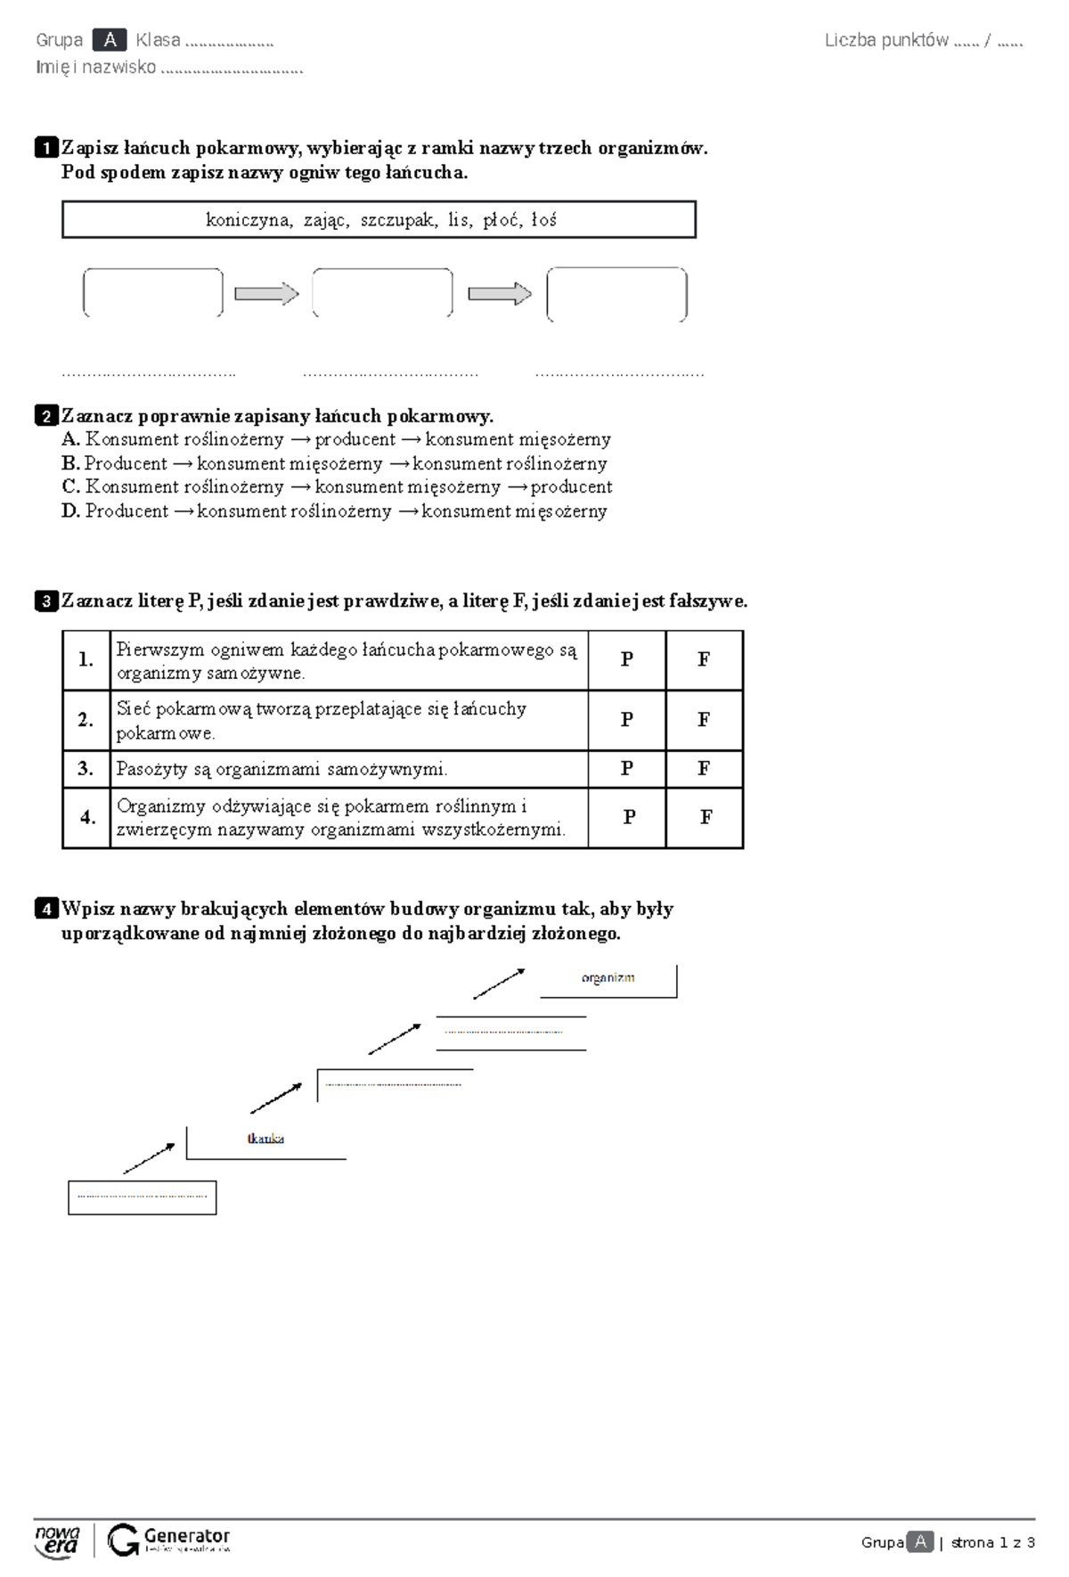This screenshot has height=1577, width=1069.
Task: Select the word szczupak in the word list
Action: click(x=399, y=220)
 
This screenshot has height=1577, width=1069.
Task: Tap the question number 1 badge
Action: click(x=45, y=148)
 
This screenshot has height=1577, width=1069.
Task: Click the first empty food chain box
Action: click(x=152, y=292)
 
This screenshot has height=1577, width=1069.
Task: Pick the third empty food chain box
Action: click(x=616, y=294)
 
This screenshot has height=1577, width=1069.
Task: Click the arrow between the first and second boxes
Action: click(x=266, y=293)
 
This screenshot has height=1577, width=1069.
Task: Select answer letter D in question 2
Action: click(x=70, y=511)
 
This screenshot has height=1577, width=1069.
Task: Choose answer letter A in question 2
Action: click(x=70, y=439)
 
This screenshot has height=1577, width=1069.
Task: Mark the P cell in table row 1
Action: click(x=627, y=659)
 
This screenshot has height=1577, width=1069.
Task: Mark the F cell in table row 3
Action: click(x=704, y=768)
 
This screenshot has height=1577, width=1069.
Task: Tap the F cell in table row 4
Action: click(x=706, y=817)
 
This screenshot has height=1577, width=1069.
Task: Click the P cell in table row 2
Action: click(x=627, y=720)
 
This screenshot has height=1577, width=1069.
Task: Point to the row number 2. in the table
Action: click(x=86, y=720)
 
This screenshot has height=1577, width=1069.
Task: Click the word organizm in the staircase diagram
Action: click(x=608, y=977)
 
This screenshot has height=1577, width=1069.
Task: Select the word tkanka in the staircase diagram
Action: click(x=265, y=1139)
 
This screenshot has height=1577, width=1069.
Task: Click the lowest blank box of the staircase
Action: click(x=143, y=1197)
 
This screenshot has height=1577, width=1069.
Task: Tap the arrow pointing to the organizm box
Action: click(x=499, y=985)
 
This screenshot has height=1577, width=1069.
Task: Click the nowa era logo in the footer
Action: click(x=57, y=1541)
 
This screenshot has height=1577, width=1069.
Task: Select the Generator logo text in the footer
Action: click(x=187, y=1536)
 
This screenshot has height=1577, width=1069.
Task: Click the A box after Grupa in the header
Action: click(x=110, y=40)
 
